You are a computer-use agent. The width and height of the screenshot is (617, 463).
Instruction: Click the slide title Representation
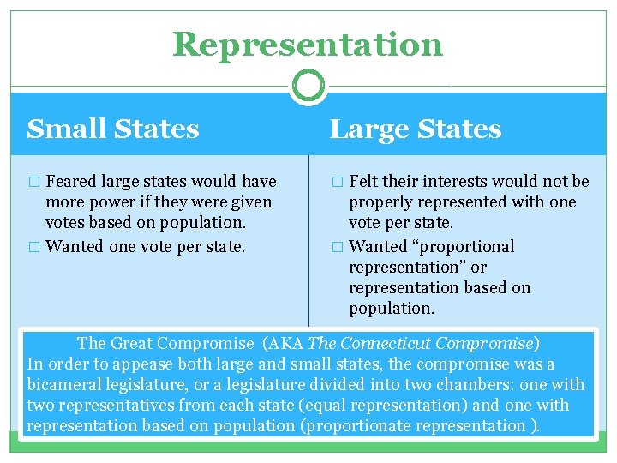[x=308, y=45]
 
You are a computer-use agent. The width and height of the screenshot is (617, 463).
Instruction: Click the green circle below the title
[x=308, y=86]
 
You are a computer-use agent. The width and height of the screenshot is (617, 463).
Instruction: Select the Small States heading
[x=113, y=129]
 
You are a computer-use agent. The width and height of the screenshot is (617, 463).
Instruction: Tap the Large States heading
[x=416, y=129]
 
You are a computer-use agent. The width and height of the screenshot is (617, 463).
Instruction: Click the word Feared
[x=72, y=182]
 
